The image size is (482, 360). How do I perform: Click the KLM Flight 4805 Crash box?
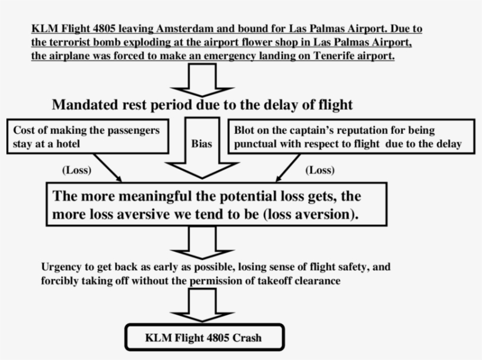[204, 338]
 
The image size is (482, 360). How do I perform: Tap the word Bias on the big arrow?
[202, 144]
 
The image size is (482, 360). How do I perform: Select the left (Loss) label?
[76, 170]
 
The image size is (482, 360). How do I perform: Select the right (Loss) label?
[320, 170]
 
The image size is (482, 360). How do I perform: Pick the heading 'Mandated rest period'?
[202, 105]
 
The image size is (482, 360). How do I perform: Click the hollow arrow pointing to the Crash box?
[203, 305]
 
